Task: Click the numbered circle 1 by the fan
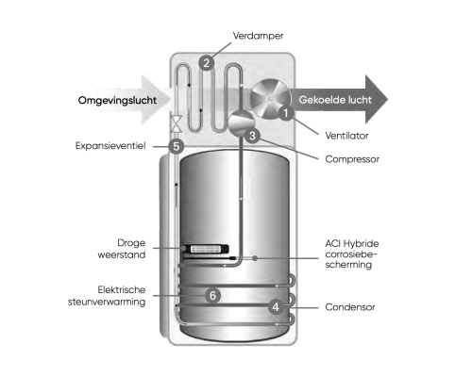(x=286, y=113)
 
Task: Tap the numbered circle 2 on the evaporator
(x=207, y=62)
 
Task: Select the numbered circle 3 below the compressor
(x=252, y=136)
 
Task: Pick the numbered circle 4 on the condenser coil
(x=276, y=306)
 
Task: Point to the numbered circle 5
(x=176, y=146)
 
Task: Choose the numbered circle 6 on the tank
(x=212, y=295)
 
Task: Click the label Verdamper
(x=258, y=36)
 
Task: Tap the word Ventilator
(x=346, y=136)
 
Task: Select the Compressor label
(x=352, y=159)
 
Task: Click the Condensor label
(x=350, y=307)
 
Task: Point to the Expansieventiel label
(x=110, y=146)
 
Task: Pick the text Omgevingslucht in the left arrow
(x=117, y=101)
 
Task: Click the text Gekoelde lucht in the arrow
(x=335, y=100)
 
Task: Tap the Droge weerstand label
(x=122, y=249)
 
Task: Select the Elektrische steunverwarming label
(x=107, y=296)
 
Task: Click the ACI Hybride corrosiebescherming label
(x=352, y=254)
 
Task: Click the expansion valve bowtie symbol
(x=177, y=123)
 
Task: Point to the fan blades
(x=270, y=98)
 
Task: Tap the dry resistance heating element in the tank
(x=205, y=249)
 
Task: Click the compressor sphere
(x=241, y=123)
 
